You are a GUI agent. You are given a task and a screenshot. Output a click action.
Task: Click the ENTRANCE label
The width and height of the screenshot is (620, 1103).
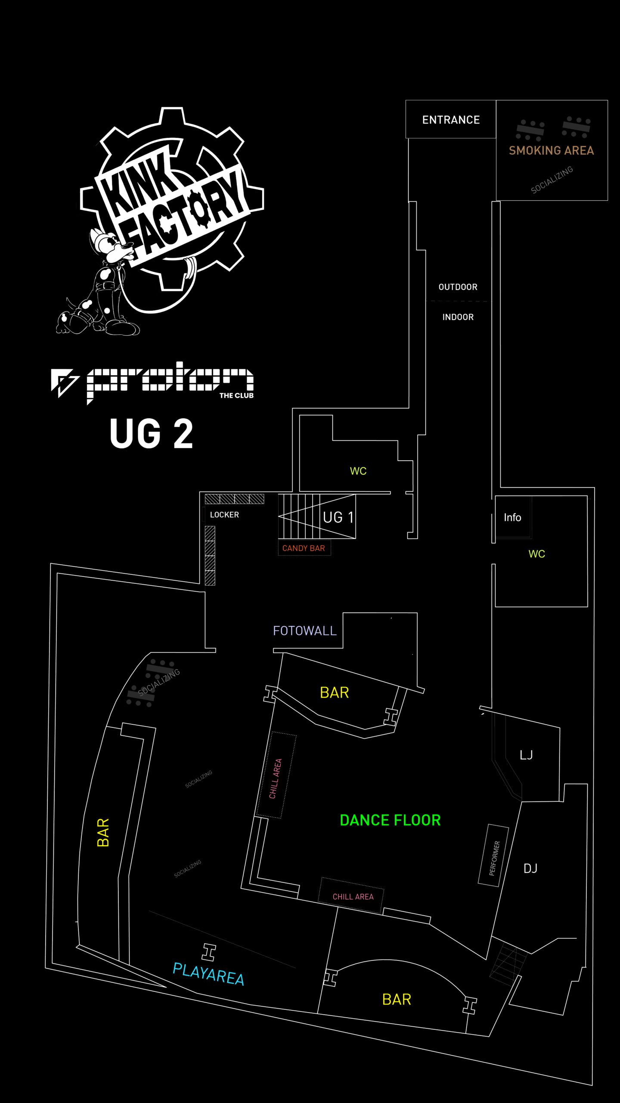(451, 120)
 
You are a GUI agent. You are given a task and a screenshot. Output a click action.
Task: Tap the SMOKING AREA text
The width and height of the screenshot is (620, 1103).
(551, 150)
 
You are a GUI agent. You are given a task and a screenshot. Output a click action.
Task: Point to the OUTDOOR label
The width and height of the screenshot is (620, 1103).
(458, 287)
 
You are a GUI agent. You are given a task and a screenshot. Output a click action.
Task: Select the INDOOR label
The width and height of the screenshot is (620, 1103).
(458, 317)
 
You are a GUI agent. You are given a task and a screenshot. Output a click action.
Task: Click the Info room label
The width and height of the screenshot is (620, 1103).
(512, 517)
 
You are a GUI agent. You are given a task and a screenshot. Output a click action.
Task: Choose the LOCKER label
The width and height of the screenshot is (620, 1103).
(224, 515)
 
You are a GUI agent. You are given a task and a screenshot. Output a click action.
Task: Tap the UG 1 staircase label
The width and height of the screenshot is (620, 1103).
(338, 517)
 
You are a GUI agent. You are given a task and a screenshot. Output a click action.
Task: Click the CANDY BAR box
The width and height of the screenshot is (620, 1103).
(304, 548)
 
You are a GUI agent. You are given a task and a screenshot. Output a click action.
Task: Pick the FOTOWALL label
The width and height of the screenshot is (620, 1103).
(305, 631)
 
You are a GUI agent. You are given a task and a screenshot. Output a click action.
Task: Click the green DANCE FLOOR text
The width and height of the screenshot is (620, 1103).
(390, 820)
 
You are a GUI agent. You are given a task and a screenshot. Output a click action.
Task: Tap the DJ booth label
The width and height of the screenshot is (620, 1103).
(530, 869)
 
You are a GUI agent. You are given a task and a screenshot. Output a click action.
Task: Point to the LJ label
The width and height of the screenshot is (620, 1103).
(526, 755)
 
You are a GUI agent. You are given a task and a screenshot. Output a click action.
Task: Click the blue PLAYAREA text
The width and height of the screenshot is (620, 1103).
(208, 974)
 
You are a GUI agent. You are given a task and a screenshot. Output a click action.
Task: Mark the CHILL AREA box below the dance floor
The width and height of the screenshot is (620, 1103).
(352, 897)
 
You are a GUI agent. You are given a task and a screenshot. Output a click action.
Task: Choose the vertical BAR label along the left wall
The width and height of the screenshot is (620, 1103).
(103, 832)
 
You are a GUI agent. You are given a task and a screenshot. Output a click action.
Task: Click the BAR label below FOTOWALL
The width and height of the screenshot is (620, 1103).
(334, 693)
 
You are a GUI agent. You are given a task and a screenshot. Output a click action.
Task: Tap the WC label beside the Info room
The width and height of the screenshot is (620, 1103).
(536, 554)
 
